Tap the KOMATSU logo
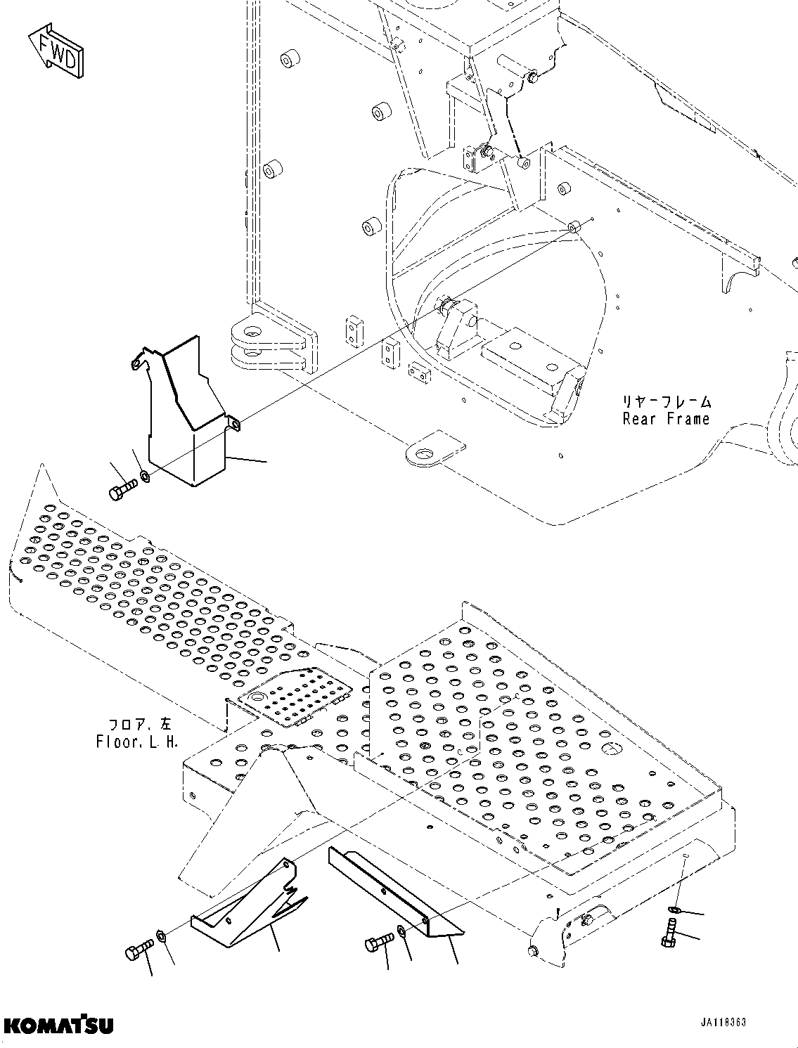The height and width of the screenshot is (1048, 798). coord(58,1026)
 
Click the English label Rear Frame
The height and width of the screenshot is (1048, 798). coord(666,420)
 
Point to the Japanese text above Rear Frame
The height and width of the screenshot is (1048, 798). coord(665,402)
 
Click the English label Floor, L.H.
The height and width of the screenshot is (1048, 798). coord(137,742)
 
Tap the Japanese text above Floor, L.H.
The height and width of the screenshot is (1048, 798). coord(143,724)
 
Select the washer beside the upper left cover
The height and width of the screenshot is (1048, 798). coord(145,477)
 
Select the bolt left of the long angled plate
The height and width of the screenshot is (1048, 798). coord(378,942)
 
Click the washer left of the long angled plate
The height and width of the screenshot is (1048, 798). coord(400,932)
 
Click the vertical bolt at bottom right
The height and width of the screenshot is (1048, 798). coord(669,938)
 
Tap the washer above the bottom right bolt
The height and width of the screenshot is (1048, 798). coord(674,911)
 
